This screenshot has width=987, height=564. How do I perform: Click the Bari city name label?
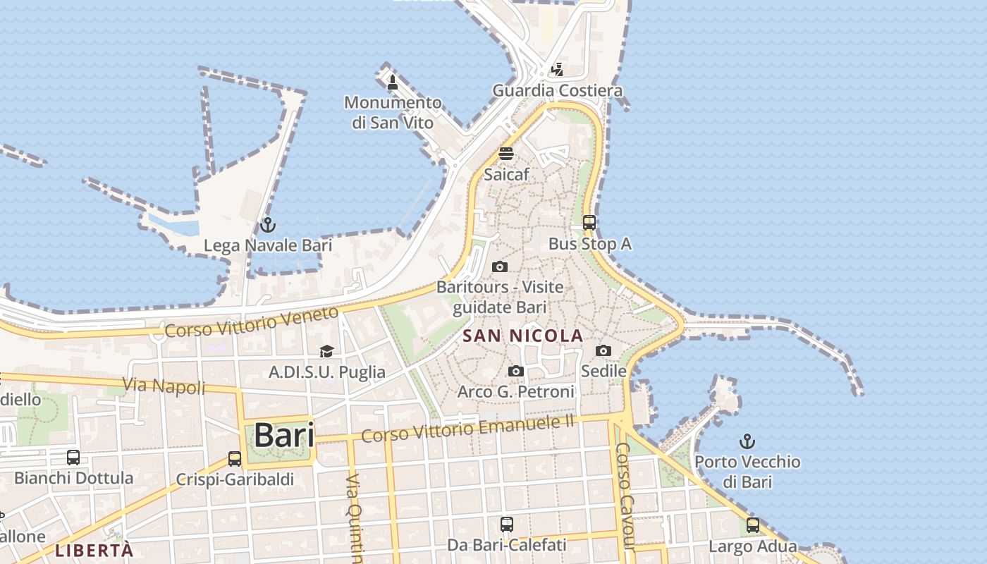(284, 434)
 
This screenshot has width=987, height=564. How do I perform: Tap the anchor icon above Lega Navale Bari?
(268, 225)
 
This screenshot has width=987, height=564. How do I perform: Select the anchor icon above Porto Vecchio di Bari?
(747, 442)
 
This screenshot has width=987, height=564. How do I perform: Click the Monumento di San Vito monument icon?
(393, 82)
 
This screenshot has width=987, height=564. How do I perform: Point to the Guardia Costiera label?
(557, 90)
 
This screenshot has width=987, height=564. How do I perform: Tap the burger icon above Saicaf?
(506, 153)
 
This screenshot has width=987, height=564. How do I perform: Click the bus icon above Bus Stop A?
(589, 223)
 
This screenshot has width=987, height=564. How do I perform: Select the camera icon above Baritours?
(499, 266)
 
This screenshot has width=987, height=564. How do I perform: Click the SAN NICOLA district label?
(523, 336)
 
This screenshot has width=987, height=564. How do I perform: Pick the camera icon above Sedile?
(603, 350)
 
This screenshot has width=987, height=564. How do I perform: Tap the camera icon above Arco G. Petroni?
(516, 371)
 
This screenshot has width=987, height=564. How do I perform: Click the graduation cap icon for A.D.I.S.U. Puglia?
(326, 351)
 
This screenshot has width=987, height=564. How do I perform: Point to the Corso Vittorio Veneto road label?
(252, 322)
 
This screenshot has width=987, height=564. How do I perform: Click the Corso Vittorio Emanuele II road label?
(468, 427)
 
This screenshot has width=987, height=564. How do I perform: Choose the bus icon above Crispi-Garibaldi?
(235, 459)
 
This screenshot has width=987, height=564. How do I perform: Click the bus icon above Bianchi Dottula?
(73, 458)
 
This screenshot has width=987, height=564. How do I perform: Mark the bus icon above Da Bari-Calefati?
(506, 524)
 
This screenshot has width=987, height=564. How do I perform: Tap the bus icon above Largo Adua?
(752, 525)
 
